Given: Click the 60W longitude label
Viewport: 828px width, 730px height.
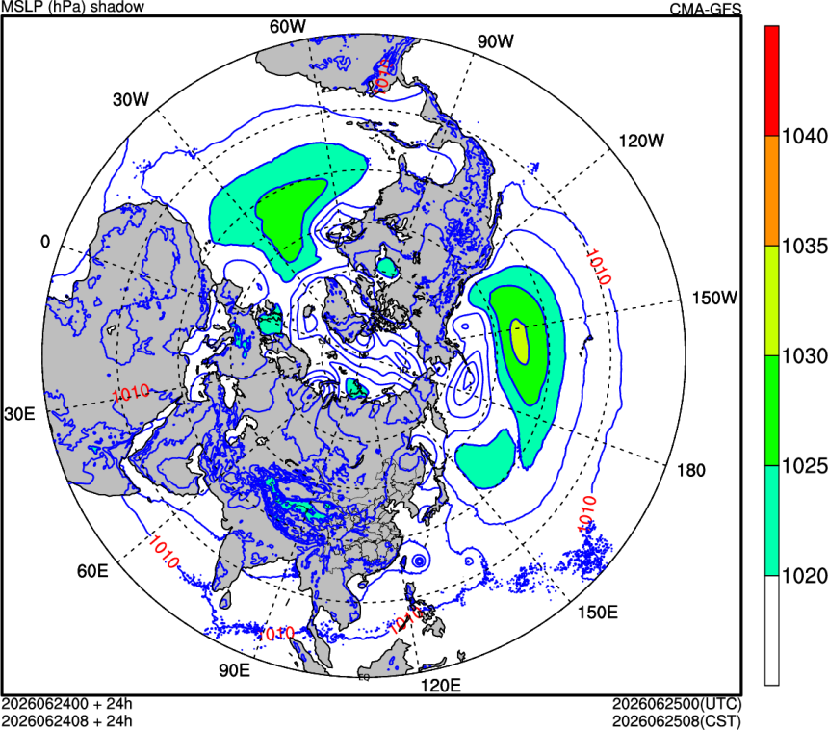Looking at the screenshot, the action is pos(287,26).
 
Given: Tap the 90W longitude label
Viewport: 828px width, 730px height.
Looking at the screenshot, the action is pos(495,41).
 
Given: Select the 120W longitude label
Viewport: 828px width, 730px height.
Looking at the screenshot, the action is pos(641,141).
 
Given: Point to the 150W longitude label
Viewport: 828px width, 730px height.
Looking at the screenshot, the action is pos(714,298).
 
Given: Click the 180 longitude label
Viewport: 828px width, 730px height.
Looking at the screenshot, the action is pos(690,470).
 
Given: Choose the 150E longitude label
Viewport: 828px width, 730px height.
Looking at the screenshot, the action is pos(597,612).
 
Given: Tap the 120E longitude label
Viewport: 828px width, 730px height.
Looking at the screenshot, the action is pos(440,685).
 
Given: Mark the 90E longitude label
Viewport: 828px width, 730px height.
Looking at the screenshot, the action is pos(234,669).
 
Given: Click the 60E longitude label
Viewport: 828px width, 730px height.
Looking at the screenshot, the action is pos(92,570).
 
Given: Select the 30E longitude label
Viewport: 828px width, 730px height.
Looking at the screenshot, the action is pos(19,413).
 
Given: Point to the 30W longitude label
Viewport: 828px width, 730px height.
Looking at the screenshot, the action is pos(130,99).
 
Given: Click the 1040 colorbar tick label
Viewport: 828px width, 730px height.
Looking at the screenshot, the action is pos(804,137).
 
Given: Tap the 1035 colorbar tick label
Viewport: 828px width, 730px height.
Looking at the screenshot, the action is pos(804,247).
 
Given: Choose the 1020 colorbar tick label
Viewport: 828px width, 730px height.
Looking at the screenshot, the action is pos(804,576).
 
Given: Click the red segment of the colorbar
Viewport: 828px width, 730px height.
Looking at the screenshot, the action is pos(772,81).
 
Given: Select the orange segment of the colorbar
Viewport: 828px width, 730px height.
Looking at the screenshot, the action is pos(772,191).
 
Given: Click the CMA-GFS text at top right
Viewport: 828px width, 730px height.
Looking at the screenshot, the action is pos(706,9).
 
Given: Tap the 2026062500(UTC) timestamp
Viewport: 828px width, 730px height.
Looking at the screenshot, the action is pos(677,704).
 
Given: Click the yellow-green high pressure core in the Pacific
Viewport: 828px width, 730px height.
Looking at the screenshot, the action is pos(520,342).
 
